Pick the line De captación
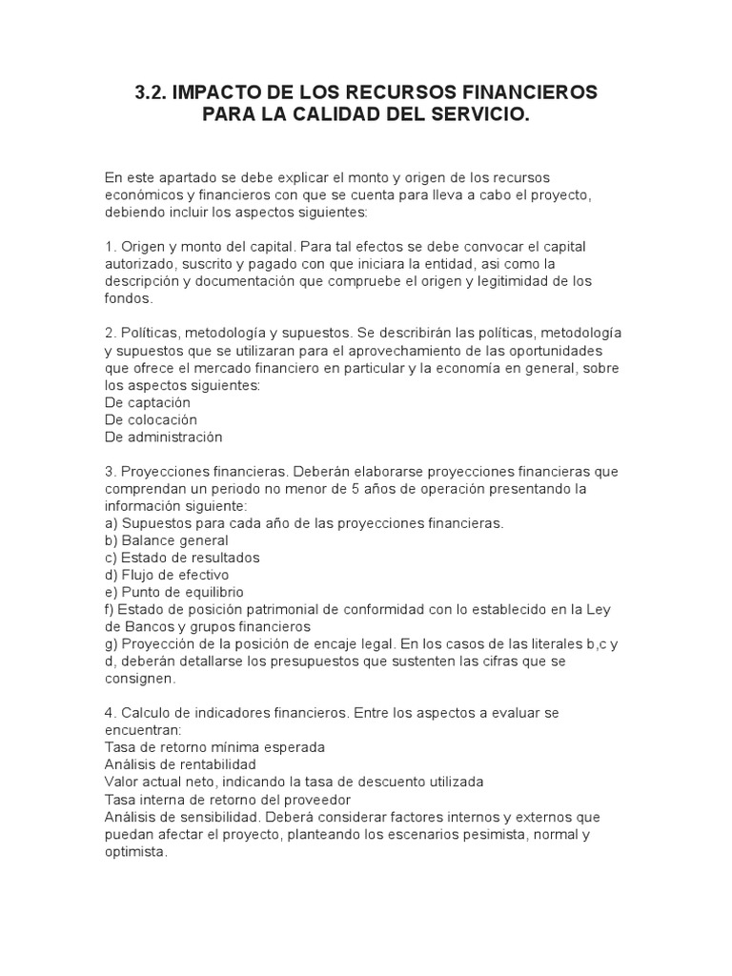coord(148,402)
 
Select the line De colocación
coord(151,419)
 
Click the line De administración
coord(163,437)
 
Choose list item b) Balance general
coord(167,540)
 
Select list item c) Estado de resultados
coord(182,558)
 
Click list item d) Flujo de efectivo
coord(167,575)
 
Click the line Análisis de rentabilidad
coord(180,764)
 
